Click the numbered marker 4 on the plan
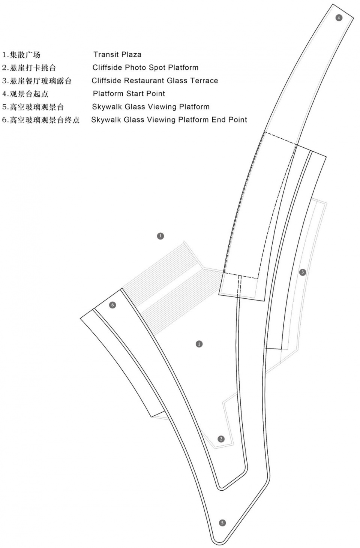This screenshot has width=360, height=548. click(339, 18)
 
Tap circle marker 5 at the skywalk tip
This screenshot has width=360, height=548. click(222, 523)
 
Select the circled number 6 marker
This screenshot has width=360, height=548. click(112, 305)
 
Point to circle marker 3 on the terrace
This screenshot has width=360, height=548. click(303, 272)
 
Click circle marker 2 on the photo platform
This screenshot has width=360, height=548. click(221, 439)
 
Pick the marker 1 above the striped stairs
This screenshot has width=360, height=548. click(160, 236)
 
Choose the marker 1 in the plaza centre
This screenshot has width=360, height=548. click(199, 344)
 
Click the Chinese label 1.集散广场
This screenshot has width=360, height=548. click(21, 55)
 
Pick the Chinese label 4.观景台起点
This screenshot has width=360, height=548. click(25, 94)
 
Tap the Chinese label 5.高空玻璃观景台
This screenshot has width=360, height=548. click(33, 107)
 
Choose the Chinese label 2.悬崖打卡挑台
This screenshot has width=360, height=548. click(29, 68)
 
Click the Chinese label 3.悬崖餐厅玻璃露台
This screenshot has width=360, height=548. click(37, 81)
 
